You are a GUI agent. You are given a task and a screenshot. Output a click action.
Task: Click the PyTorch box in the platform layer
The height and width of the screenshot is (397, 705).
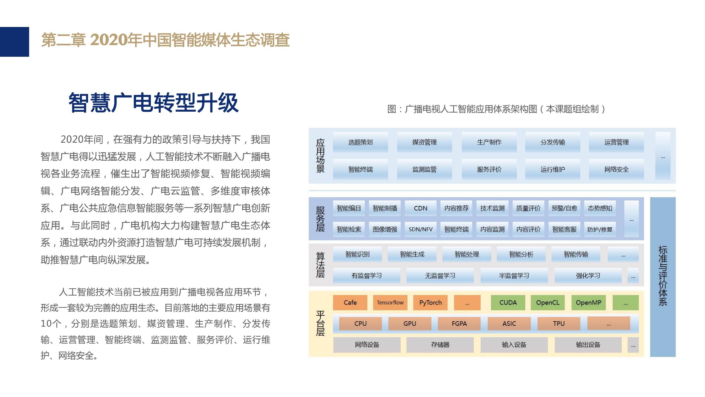coord(430,302)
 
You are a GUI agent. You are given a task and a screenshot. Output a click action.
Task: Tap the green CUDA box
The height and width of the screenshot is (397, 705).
coord(508,302)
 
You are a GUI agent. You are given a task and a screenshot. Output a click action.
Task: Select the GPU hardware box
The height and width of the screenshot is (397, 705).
coord(410,323)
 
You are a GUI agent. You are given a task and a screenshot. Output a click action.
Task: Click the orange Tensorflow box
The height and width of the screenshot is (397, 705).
coord(390,302)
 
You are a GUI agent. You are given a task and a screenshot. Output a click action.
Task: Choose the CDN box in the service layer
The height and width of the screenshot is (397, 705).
coord(421,208)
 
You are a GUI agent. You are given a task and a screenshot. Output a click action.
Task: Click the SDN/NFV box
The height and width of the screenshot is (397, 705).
coord(421,229)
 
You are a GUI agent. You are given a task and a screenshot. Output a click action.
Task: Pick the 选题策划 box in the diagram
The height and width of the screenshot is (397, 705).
coord(360,142)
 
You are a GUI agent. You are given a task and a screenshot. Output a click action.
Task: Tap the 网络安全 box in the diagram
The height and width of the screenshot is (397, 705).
coord(616,169)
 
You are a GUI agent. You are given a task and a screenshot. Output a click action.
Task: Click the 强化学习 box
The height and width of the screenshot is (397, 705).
coord(588,275)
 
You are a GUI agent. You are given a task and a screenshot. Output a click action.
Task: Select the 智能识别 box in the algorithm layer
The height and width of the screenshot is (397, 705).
coord(357,254)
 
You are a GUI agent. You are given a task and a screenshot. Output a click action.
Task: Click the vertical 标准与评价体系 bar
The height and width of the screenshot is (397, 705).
coord(663,277)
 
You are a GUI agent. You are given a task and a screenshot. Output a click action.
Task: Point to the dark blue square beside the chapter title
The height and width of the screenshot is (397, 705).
coord(15,42)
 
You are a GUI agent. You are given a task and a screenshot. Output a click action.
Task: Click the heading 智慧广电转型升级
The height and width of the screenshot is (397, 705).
coord(153,103)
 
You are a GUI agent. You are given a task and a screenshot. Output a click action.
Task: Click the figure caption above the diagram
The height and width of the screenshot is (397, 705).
coord(496,109)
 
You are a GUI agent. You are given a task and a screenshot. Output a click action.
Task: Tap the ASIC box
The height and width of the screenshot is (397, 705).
coord(509,323)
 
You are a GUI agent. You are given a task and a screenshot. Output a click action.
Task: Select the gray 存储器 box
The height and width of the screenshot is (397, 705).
coord(440,345)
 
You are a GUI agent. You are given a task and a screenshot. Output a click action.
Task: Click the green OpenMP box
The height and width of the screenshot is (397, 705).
coord(588,302)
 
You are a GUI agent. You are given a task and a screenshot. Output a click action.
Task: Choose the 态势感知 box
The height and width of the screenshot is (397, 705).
coord(600,208)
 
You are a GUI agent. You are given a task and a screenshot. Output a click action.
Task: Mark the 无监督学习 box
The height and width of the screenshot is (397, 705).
coord(440,275)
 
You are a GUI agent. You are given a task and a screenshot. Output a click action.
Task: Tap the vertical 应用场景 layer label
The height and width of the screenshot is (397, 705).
coord(320,156)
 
